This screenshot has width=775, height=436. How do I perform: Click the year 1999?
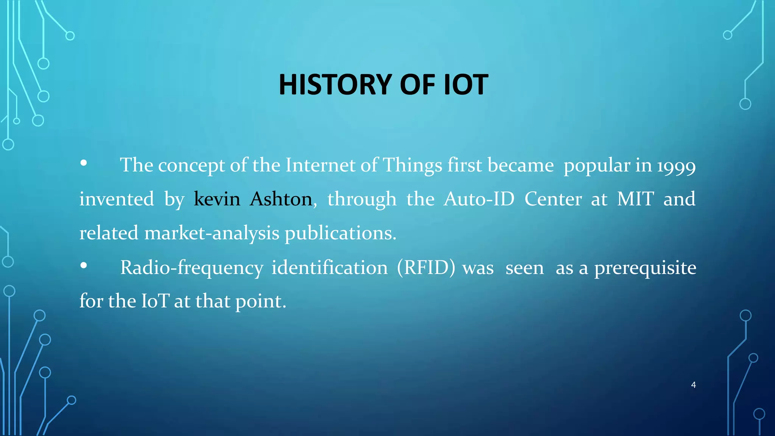tap(676, 166)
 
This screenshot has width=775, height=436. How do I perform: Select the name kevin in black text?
tap(217, 199)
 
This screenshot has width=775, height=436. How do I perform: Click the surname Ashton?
tap(281, 199)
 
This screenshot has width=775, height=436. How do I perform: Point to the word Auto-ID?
tap(479, 199)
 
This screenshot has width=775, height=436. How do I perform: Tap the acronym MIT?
tap(635, 199)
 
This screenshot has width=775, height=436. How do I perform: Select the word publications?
tap(340, 233)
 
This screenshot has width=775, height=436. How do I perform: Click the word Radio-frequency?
tap(191, 268)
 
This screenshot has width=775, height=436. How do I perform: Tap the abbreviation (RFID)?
tap(426, 268)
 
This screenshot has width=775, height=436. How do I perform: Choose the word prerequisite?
tap(645, 268)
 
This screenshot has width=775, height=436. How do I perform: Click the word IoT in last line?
tap(155, 302)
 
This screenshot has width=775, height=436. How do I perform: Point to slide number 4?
tap(693, 385)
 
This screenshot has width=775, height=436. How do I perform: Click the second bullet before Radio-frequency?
tap(84, 266)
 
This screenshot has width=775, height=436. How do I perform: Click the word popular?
tap(596, 165)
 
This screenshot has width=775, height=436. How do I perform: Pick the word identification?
tap(330, 268)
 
